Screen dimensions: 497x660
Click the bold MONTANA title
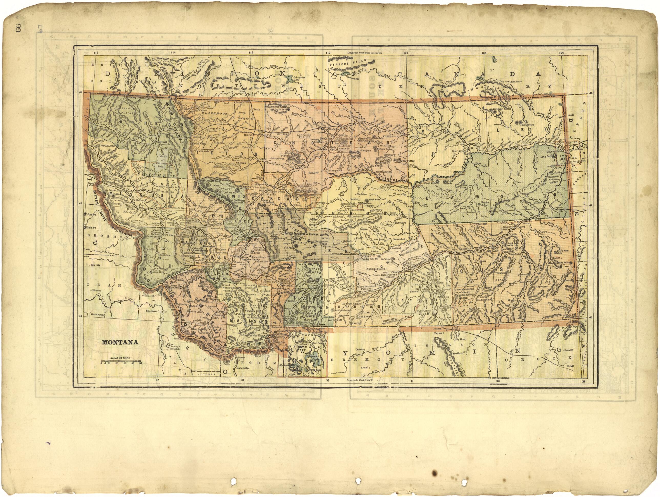120,342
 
